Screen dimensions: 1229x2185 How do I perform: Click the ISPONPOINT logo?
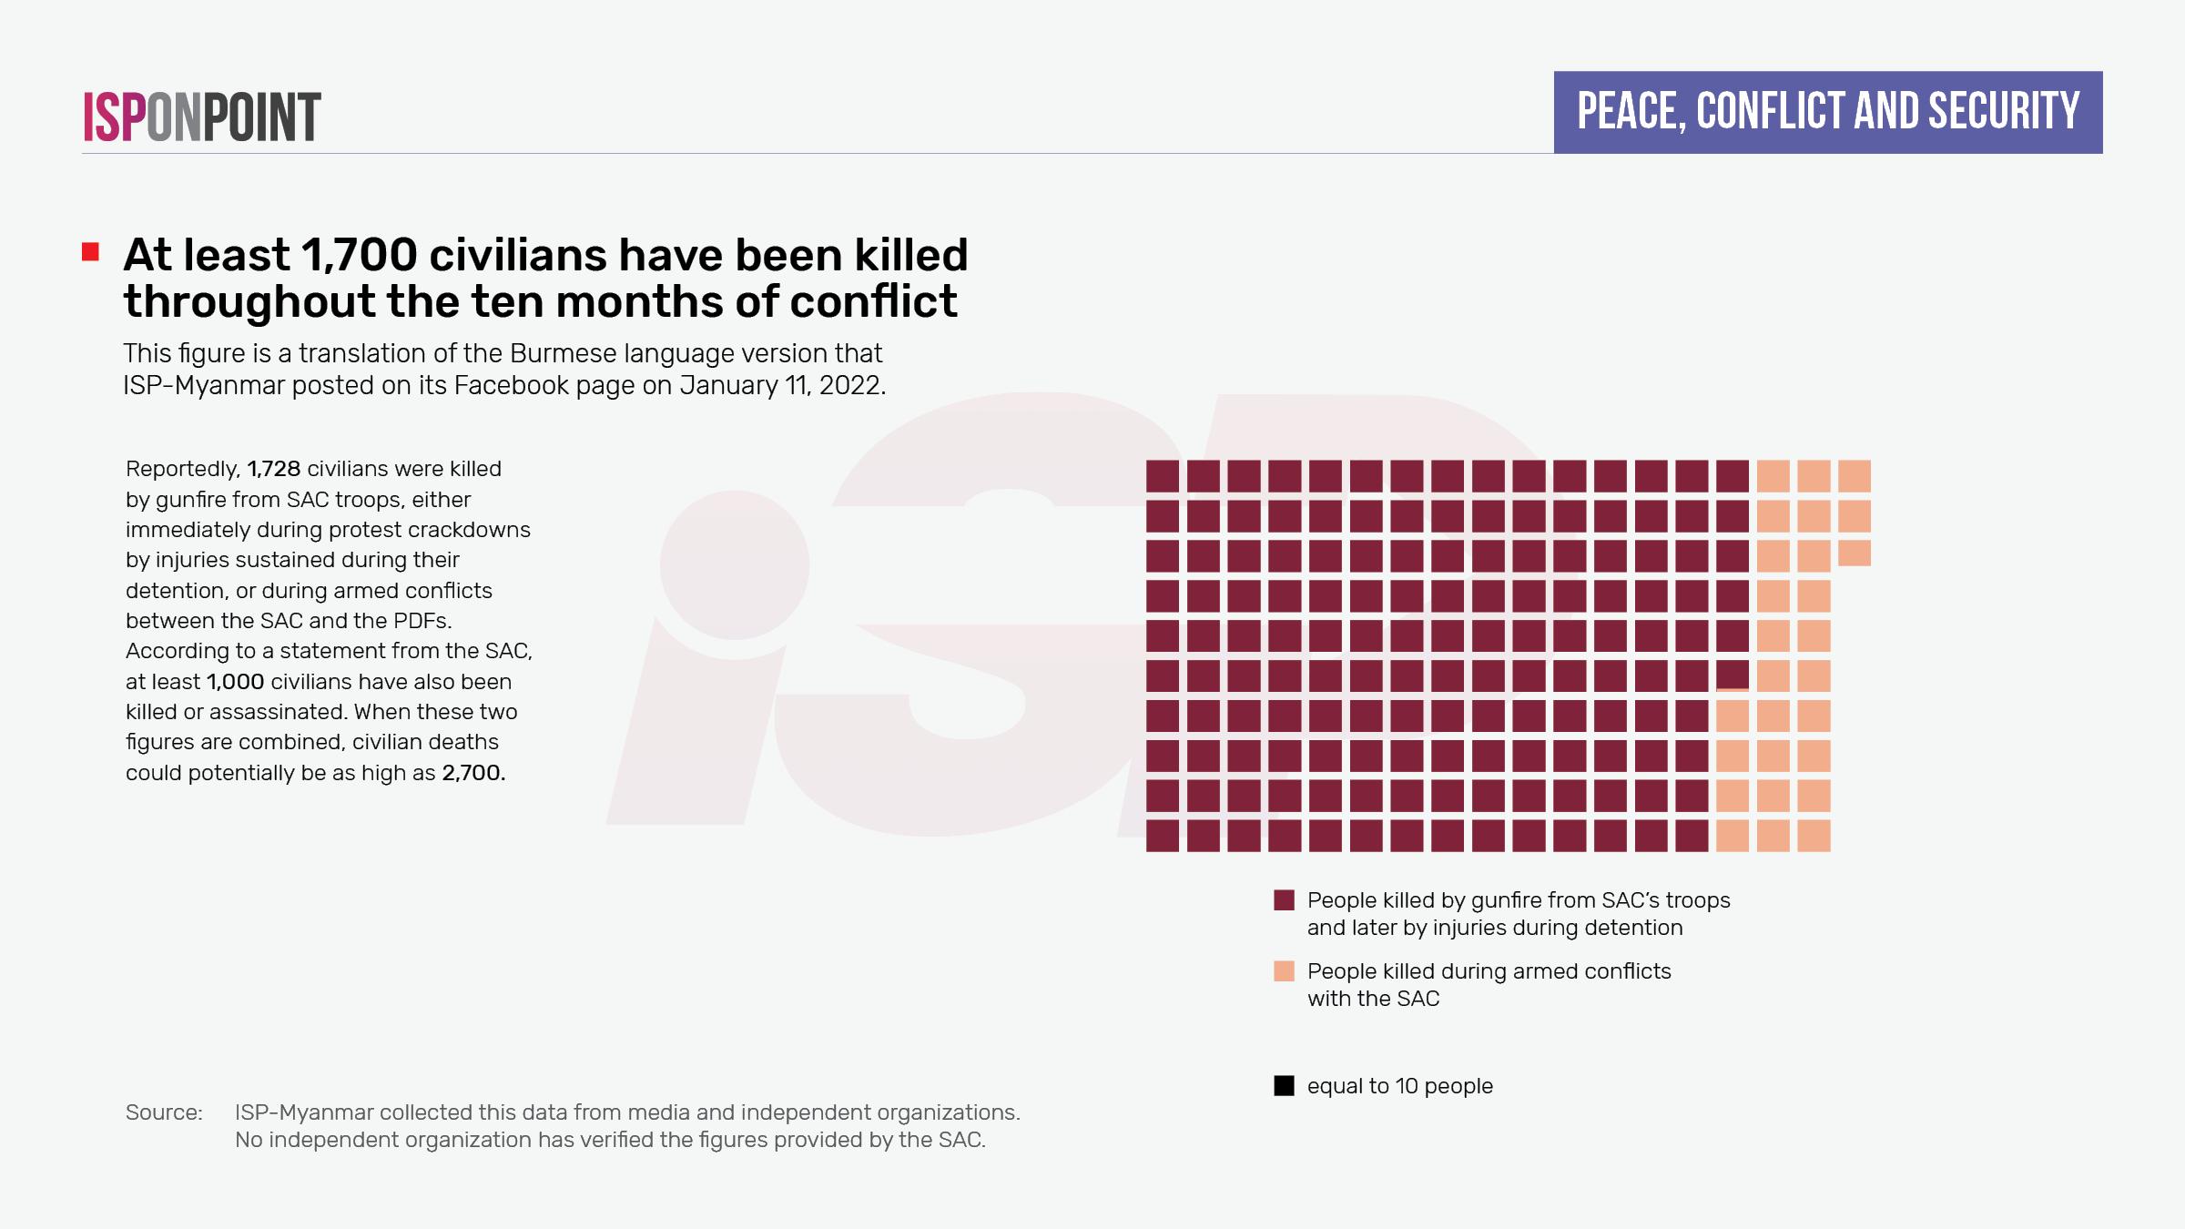coord(202,117)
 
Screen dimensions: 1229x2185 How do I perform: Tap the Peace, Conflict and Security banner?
coord(1828,112)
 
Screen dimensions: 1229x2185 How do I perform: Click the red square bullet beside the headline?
coord(90,252)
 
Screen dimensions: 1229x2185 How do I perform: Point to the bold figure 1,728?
coord(274,469)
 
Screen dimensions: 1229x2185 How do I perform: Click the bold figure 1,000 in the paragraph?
coord(235,682)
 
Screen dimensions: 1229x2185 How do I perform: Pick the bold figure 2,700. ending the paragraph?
coord(473,773)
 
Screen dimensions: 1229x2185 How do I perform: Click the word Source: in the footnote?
coord(164,1112)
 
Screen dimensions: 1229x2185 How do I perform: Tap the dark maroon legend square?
coord(1284,900)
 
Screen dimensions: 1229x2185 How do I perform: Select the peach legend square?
coord(1284,971)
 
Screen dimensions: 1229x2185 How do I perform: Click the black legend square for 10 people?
coord(1284,1086)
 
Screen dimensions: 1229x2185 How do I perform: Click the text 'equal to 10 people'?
coord(1400,1086)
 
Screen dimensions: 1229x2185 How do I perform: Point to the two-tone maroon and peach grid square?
coord(1733,676)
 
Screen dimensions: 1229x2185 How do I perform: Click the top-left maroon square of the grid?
coord(1162,476)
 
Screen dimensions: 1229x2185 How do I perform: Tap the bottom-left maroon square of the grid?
coord(1162,836)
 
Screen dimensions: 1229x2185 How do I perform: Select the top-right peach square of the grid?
coord(1855,476)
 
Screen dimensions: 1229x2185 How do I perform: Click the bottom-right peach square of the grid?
coord(1814,836)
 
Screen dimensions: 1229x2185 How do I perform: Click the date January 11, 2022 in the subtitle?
coord(782,385)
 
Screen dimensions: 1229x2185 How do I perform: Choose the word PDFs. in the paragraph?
coord(422,621)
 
